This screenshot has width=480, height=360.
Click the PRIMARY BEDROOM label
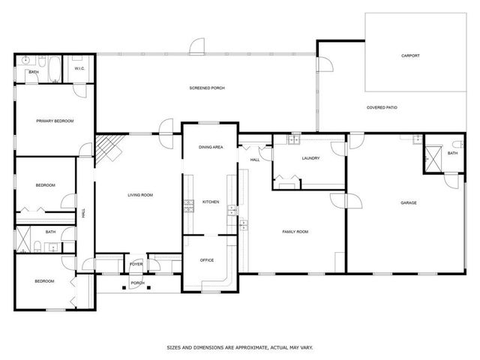point(55,120)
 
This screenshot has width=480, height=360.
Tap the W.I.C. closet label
point(79,69)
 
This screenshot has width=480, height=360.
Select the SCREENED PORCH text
point(207,88)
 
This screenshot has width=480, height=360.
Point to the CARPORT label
point(410,55)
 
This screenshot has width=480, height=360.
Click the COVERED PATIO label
point(382,108)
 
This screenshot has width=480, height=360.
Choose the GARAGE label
point(408,202)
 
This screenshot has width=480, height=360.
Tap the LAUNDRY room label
point(310,158)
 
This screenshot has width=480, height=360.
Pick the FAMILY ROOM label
point(295,232)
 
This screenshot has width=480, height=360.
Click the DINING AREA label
point(210,148)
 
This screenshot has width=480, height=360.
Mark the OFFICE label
point(207,260)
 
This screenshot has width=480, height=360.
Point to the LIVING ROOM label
point(139,195)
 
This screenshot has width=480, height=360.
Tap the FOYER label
point(136,265)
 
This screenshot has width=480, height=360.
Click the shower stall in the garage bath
point(432,157)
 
